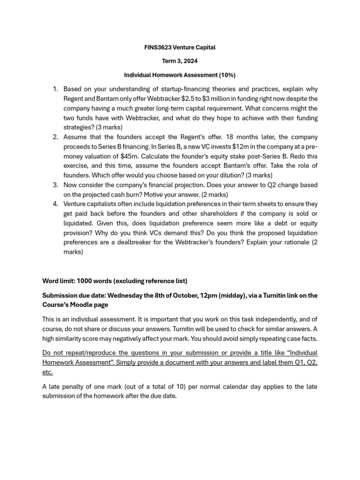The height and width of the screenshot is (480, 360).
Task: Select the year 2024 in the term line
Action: point(190,61)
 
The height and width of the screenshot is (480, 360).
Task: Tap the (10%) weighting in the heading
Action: point(226,75)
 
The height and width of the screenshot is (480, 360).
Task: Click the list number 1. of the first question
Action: point(55,89)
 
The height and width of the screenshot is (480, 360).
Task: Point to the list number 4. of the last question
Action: point(55,204)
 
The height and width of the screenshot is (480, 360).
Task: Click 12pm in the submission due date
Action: point(233,295)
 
